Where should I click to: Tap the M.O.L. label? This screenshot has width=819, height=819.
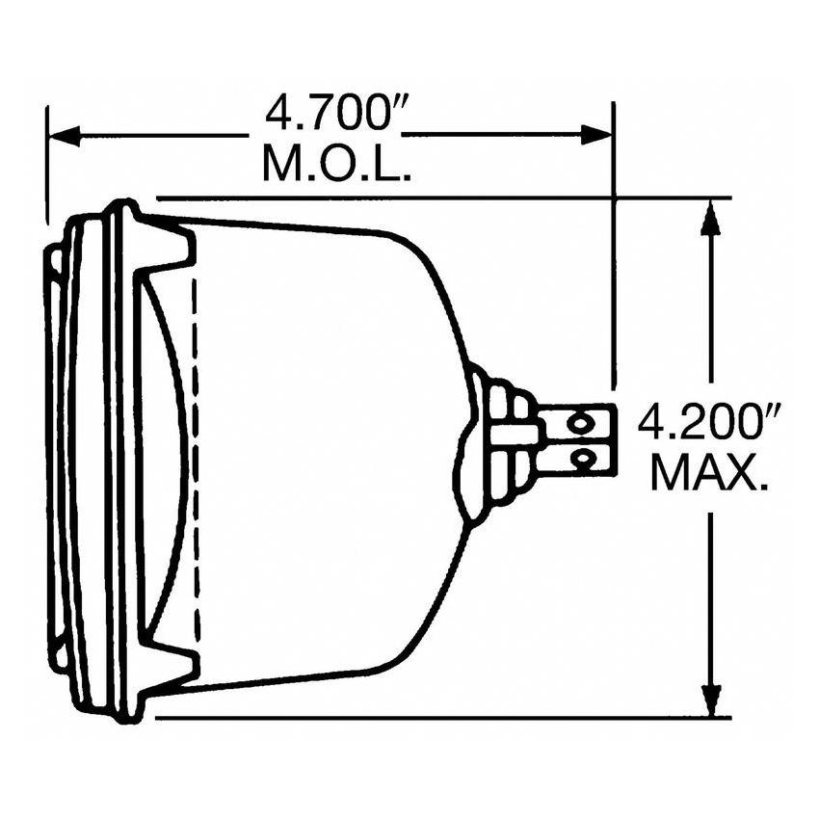(337, 165)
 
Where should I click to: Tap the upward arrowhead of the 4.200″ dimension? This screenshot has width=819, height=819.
(711, 218)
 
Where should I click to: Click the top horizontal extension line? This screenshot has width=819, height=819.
(443, 198)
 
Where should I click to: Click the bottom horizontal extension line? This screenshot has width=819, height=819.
(443, 718)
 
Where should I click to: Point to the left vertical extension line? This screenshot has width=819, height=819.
(46, 164)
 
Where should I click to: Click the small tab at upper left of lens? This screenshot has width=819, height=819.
(53, 260)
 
